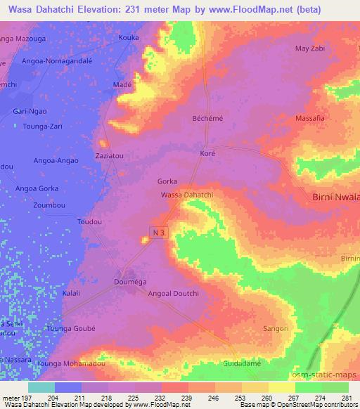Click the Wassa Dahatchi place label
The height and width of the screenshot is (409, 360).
(186, 194)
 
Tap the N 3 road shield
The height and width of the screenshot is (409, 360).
(159, 231)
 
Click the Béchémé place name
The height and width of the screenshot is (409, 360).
(207, 119)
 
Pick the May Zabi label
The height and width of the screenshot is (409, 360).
(310, 48)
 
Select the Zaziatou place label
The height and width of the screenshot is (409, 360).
(109, 152)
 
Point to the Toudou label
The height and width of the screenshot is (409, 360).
(89, 221)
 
